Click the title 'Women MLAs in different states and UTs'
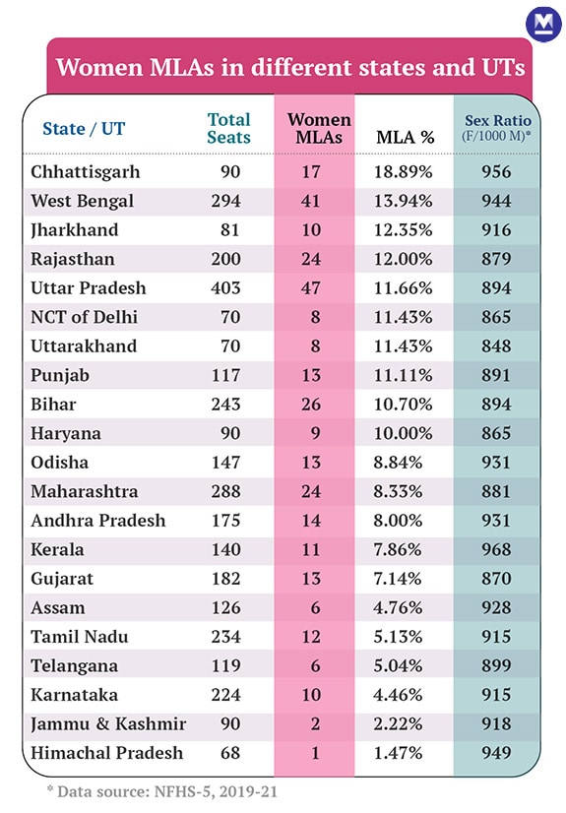289,68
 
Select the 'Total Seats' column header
228,128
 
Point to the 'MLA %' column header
405,137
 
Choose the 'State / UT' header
84,128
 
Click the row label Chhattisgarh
86,172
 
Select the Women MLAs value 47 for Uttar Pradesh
314,288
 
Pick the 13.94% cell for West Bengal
405,202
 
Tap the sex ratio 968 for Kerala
496,550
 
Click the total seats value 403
228,288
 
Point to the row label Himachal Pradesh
106,753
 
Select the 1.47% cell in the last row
405,753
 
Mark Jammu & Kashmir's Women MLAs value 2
314,724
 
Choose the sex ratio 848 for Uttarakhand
496,346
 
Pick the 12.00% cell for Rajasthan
405,260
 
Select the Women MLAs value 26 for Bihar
314,405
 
